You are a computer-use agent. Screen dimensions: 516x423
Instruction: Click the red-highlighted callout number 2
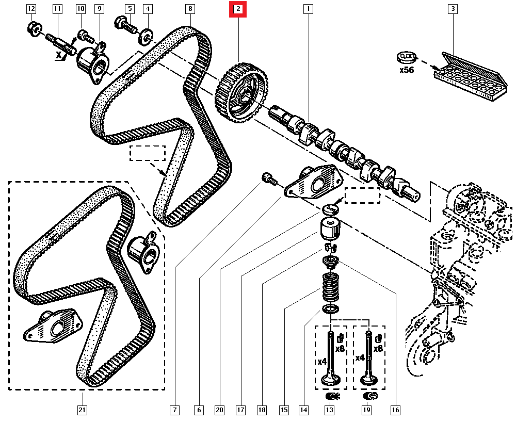[238, 9]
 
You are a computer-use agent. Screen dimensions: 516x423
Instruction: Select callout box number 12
[31, 9]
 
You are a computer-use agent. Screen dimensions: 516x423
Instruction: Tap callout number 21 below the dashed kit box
[82, 410]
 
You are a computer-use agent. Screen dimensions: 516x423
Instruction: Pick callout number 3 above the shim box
[453, 9]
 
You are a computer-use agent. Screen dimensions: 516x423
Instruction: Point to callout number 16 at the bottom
[395, 410]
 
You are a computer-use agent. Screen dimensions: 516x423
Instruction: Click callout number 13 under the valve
[329, 410]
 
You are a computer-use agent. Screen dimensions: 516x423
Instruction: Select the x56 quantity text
[407, 70]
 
